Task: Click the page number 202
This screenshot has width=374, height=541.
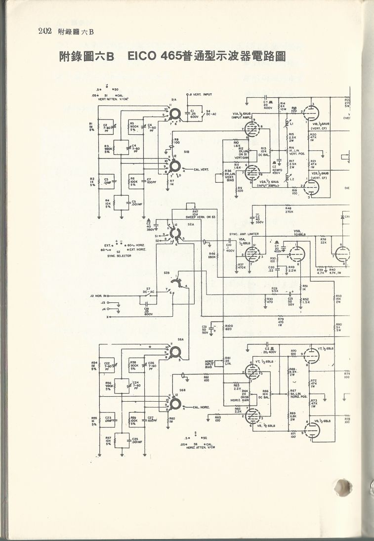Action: pos(44,33)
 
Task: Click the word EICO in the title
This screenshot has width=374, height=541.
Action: pos(143,56)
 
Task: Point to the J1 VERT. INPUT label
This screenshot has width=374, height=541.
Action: pos(200,94)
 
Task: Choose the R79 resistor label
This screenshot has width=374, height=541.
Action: pos(280,320)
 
